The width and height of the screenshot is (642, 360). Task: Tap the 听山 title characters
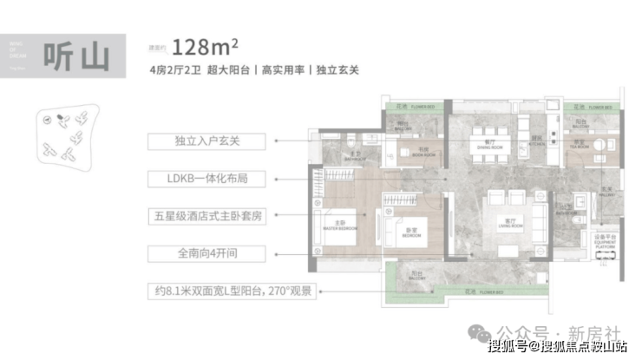79,55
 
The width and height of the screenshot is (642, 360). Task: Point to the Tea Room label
579,146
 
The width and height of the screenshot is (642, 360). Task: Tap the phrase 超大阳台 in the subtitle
228,72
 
